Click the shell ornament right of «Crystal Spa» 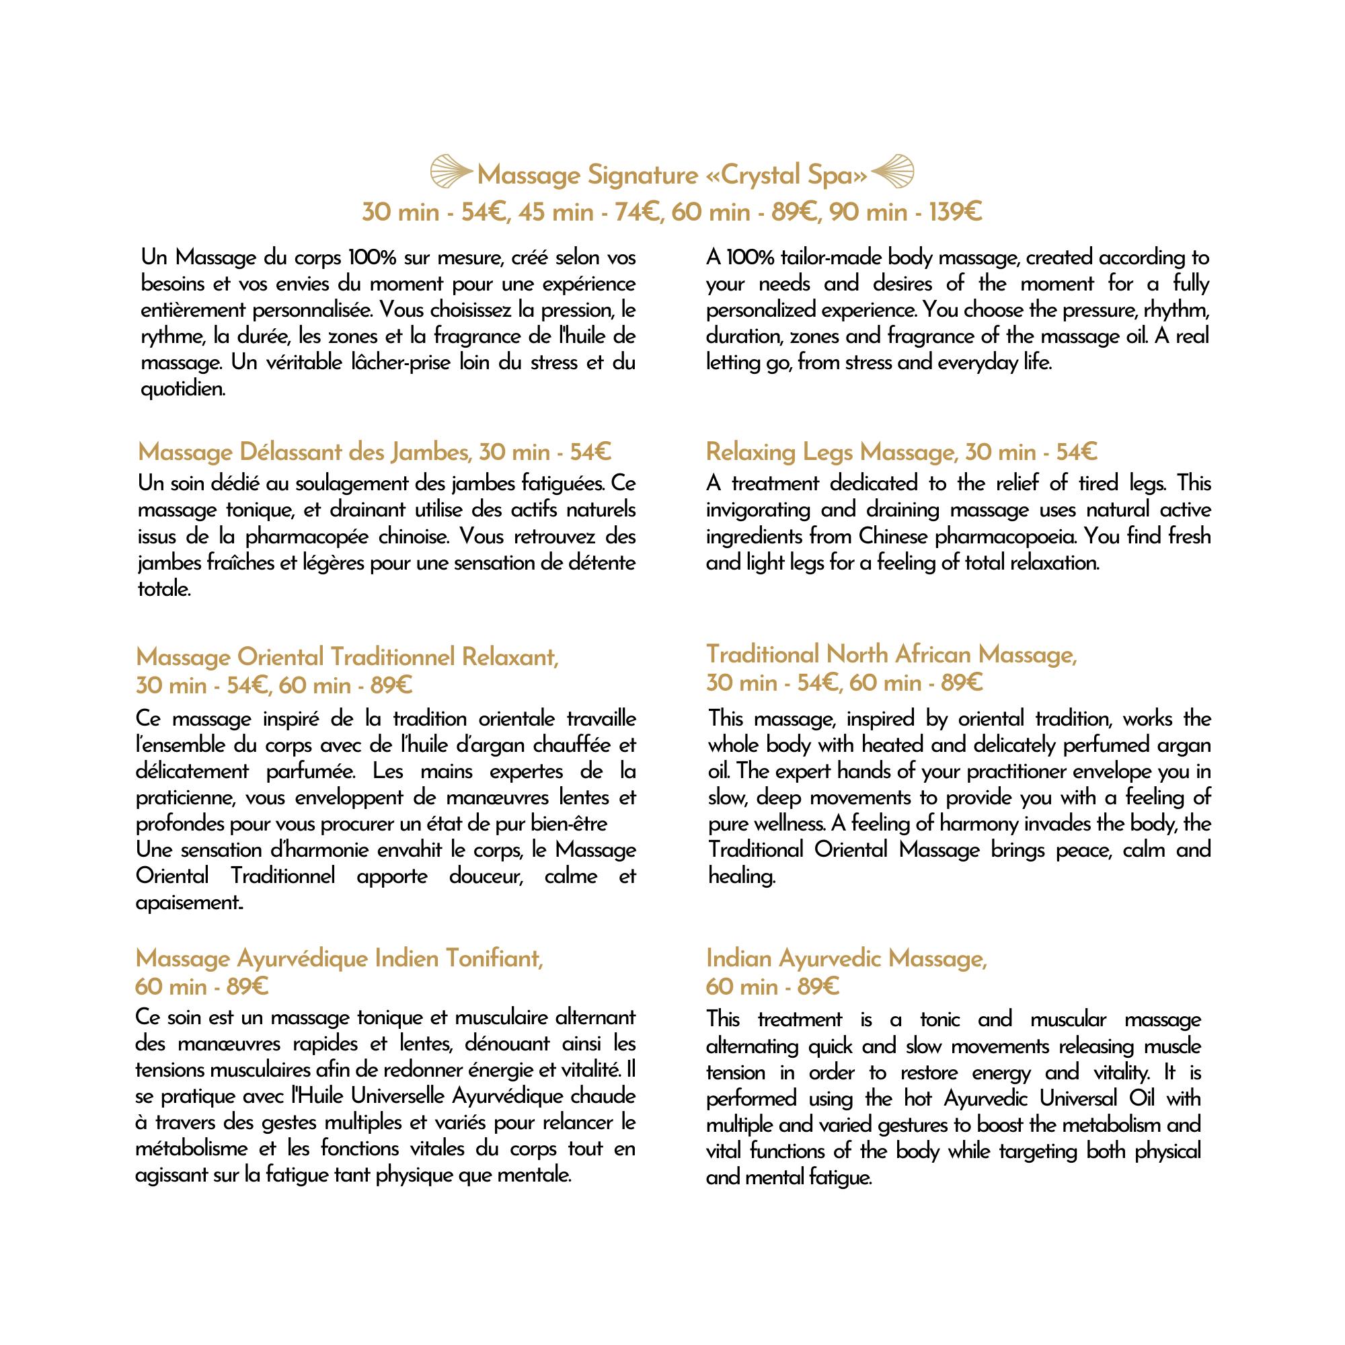892,172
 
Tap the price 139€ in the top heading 955,212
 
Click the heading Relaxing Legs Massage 828,453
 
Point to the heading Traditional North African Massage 891,654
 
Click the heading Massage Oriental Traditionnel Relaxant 347,657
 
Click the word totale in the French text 163,589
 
